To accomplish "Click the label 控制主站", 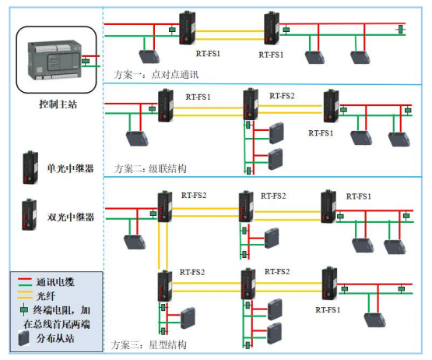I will tap(56, 104).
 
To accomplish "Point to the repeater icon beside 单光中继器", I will tap(30, 167).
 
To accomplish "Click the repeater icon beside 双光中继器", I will tap(30, 215).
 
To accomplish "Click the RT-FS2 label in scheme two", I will tap(283, 96).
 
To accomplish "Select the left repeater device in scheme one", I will tap(188, 29).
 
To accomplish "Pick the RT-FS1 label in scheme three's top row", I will tap(359, 195).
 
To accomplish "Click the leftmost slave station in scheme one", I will tap(148, 56).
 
